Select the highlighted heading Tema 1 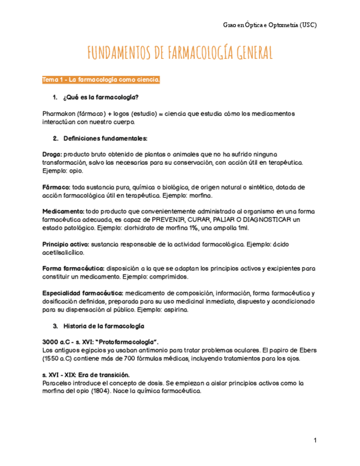coord(101,81)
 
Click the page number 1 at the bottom coord(315,441)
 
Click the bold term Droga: coord(52,154)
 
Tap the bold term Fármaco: coord(56,187)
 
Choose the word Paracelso coord(58,384)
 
